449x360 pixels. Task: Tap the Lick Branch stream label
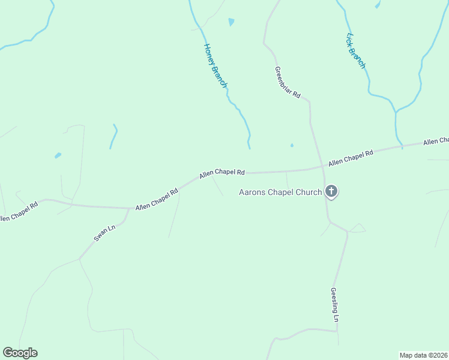coord(355,50)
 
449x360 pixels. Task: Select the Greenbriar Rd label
coord(288,82)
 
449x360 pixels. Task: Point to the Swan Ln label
coord(104,233)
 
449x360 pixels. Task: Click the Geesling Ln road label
coord(335,305)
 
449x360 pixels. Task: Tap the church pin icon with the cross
coord(331,191)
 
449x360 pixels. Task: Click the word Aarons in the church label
coord(254,193)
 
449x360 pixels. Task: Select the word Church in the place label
coord(308,193)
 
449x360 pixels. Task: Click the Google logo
coord(20,353)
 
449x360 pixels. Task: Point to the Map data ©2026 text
coord(423,355)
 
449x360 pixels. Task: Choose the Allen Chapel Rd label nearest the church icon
coord(351,158)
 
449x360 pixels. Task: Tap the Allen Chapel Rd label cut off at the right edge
coord(436,142)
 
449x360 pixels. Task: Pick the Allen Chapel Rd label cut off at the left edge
coord(18,211)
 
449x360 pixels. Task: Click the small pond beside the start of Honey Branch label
coord(231,22)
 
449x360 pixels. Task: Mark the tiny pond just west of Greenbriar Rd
coord(292,145)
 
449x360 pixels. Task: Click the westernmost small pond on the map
coord(58,155)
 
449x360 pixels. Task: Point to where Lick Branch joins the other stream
coord(396,112)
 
